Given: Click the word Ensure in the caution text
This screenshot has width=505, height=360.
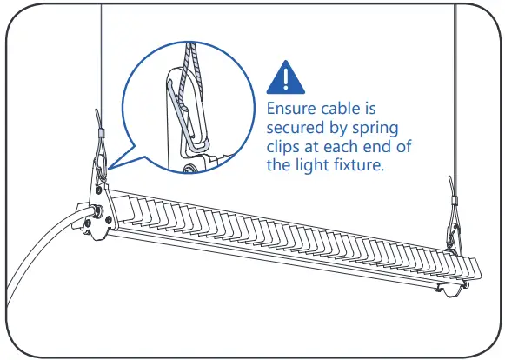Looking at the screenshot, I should [x=293, y=110].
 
